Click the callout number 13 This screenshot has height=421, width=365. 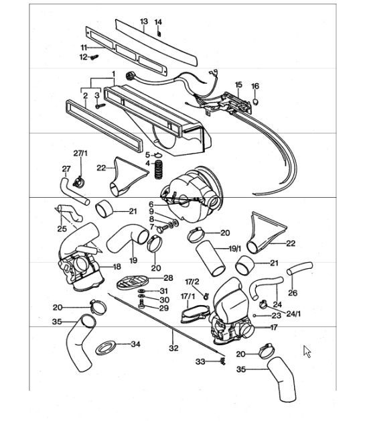point(143,22)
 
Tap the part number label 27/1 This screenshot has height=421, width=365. point(80,154)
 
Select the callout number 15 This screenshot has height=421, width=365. point(238,85)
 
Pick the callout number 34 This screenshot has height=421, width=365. point(135,345)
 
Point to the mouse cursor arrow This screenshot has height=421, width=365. point(307,351)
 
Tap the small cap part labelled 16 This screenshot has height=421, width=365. point(255,101)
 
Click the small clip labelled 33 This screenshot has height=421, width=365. point(220,363)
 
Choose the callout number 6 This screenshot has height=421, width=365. point(151,204)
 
